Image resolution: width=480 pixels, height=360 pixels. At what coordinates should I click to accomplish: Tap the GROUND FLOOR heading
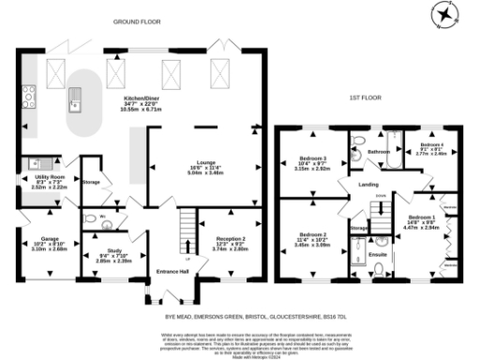coord(137,20)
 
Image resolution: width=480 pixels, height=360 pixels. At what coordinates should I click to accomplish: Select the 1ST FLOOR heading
coord(367,97)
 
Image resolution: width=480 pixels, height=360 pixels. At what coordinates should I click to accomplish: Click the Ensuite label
coord(378,253)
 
